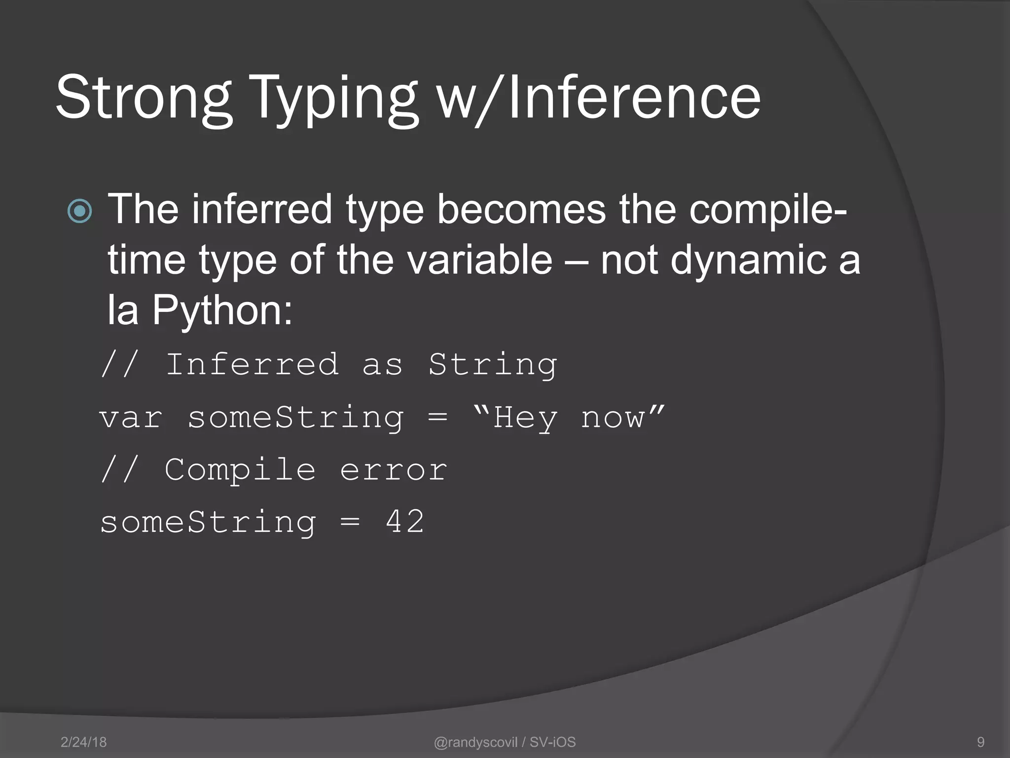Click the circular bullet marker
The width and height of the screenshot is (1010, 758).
click(79, 211)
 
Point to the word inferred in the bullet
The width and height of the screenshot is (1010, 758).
click(262, 209)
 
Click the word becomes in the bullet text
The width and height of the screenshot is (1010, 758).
click(521, 209)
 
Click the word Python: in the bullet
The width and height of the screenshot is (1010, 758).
click(222, 310)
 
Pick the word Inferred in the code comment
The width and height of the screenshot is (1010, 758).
click(252, 365)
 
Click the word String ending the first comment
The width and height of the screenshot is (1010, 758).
click(493, 366)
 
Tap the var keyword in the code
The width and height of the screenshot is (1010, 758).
click(131, 418)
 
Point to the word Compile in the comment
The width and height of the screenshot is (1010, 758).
click(240, 470)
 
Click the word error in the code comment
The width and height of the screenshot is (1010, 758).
click(394, 470)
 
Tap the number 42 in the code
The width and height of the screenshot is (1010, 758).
click(404, 522)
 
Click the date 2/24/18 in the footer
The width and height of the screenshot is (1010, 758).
click(83, 742)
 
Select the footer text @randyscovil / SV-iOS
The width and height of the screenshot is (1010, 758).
click(505, 742)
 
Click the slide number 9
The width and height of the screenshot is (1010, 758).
click(981, 742)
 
